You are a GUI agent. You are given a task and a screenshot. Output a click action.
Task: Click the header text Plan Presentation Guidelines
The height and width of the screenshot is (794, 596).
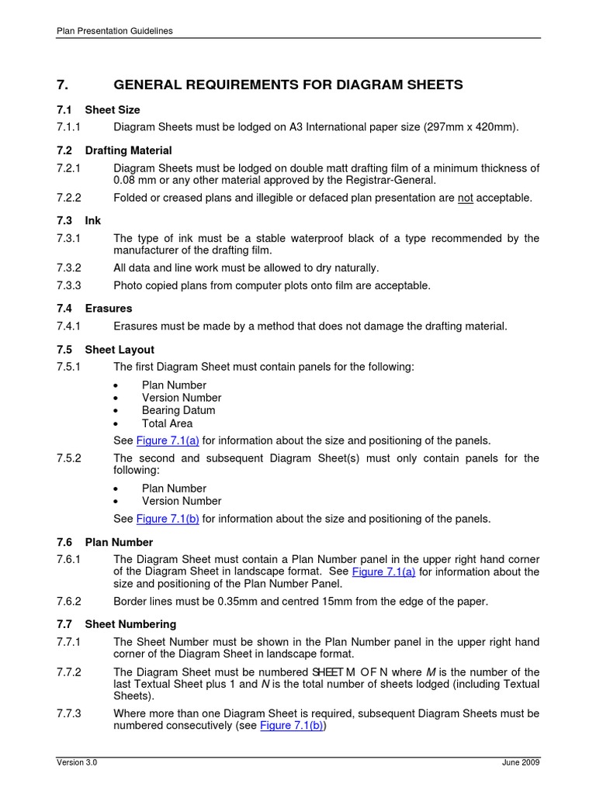(114, 31)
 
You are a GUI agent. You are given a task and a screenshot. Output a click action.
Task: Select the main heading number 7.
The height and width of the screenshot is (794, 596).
(63, 85)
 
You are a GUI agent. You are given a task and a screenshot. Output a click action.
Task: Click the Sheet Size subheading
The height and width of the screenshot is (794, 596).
(112, 110)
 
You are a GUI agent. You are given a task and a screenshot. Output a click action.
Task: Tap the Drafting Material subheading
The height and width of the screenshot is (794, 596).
(128, 150)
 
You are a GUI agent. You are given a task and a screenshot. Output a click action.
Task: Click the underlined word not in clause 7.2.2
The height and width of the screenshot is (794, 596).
(465, 198)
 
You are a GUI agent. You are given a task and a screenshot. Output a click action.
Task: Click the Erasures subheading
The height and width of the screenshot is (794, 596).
(108, 309)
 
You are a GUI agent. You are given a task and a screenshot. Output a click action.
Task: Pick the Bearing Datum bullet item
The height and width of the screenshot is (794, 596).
(178, 410)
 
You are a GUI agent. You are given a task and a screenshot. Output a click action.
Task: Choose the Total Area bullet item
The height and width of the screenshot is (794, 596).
(167, 423)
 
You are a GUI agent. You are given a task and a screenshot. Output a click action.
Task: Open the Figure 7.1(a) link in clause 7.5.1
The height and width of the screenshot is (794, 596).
(168, 440)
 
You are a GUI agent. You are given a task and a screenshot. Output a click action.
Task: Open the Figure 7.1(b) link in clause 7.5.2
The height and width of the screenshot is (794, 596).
(168, 519)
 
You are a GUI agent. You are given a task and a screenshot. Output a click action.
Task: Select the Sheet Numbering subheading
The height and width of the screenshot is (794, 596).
(130, 624)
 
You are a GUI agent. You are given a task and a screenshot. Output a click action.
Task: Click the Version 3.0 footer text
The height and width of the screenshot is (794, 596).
(77, 763)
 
